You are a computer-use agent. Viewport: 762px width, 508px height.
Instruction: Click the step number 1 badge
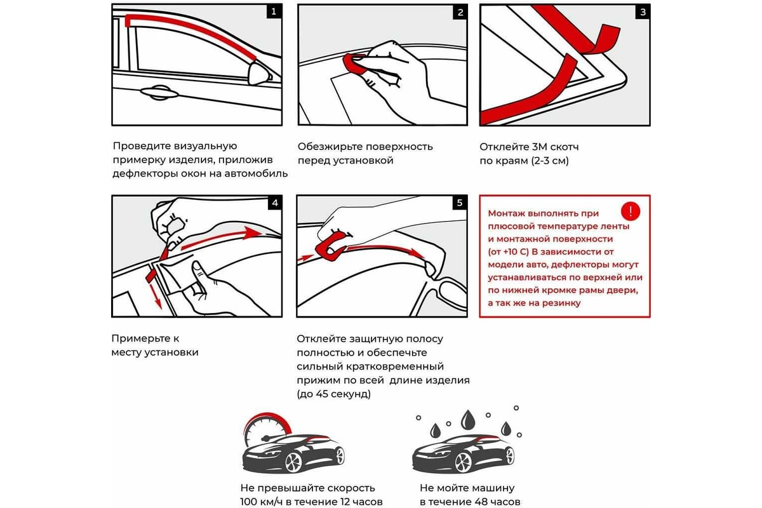[x=274, y=12]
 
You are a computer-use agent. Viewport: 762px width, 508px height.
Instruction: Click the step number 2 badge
[x=460, y=12]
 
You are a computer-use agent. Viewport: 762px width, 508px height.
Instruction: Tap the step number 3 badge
[x=643, y=12]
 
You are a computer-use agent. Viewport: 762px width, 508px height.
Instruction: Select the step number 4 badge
[x=274, y=203]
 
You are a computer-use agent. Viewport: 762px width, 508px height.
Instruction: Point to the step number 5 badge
[x=460, y=203]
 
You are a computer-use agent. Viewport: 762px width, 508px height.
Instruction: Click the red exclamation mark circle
[x=631, y=211]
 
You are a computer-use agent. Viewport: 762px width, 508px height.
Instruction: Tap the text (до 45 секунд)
[x=333, y=394]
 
